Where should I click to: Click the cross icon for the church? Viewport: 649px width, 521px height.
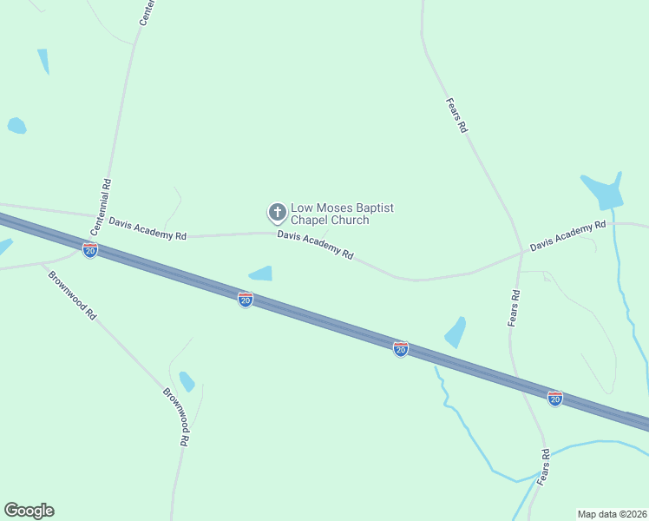coord(277,212)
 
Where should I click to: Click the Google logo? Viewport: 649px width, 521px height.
coord(29,511)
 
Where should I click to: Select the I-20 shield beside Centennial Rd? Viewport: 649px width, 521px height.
coord(90,250)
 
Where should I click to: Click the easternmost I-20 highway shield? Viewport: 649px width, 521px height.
coord(555,399)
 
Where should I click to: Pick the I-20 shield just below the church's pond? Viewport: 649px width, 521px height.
coord(246,300)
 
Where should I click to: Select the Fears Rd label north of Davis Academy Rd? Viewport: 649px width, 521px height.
coord(457,115)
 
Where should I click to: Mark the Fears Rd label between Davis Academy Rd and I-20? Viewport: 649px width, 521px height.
coord(515,307)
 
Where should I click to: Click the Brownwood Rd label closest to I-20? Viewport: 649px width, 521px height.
coord(72,295)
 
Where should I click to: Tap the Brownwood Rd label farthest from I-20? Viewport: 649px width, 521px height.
coord(176,416)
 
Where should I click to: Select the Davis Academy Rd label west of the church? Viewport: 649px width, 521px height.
coord(147,228)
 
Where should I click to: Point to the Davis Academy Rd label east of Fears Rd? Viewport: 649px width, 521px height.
coord(567,236)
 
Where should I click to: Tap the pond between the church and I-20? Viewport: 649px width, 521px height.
coord(261,274)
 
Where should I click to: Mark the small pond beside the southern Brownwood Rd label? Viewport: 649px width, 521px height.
coord(187,381)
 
